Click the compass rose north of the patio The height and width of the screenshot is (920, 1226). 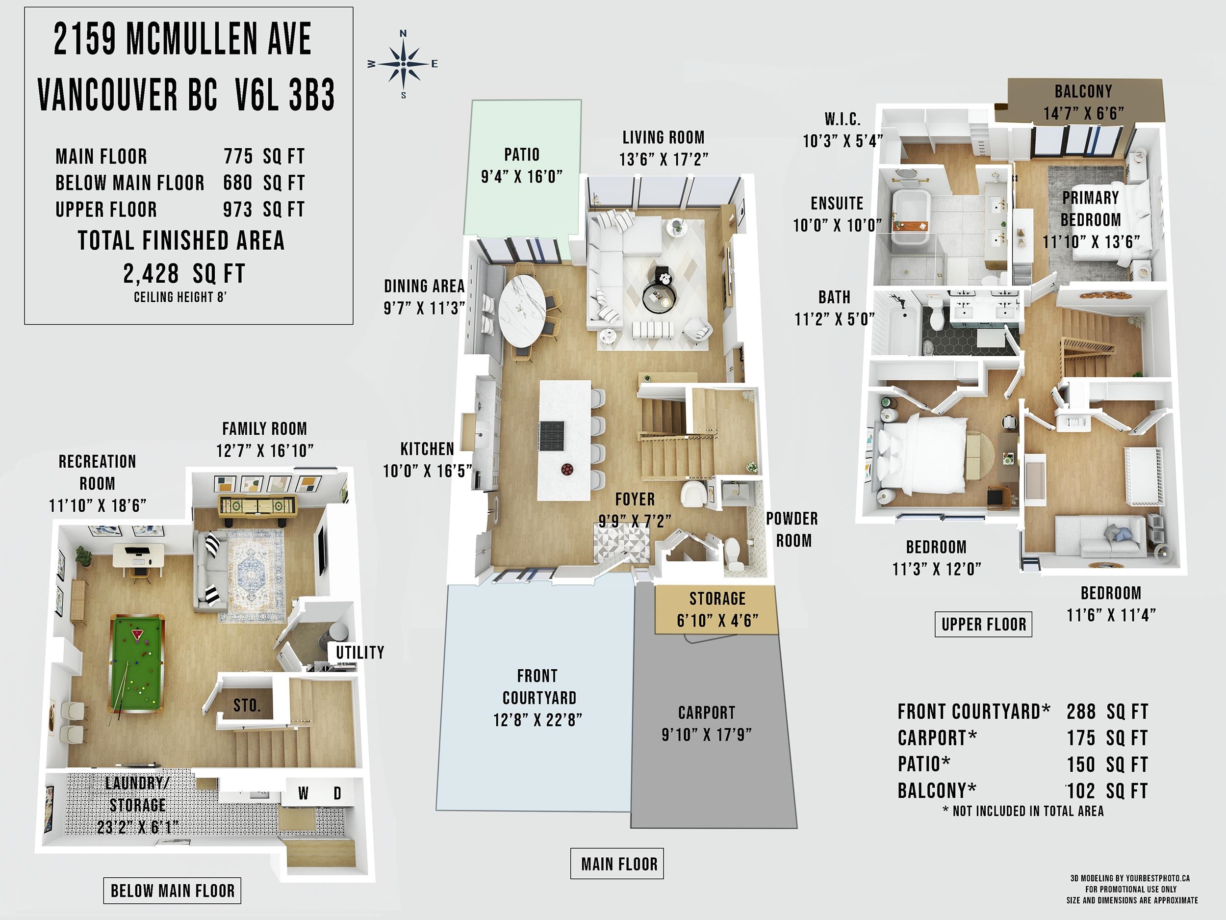(x=403, y=64)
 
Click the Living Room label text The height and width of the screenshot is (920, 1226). (x=664, y=137)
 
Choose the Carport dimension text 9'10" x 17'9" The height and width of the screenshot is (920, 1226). (x=707, y=735)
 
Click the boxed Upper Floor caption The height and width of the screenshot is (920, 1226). (x=983, y=625)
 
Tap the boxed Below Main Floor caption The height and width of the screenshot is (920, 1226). (x=172, y=891)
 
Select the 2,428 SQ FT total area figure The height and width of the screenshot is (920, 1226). (x=184, y=273)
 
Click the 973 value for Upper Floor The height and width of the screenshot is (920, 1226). (x=238, y=210)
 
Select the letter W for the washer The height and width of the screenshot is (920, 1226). (x=303, y=793)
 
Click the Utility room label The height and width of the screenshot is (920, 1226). (x=359, y=652)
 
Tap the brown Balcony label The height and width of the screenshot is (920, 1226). (x=1083, y=91)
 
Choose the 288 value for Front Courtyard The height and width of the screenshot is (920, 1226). (x=1081, y=711)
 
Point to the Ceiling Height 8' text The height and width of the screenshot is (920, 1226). (x=180, y=297)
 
